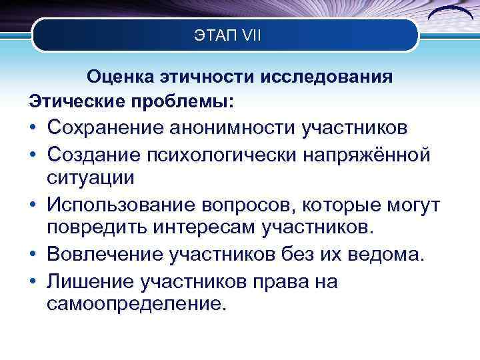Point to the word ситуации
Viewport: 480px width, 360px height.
pos(91,177)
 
